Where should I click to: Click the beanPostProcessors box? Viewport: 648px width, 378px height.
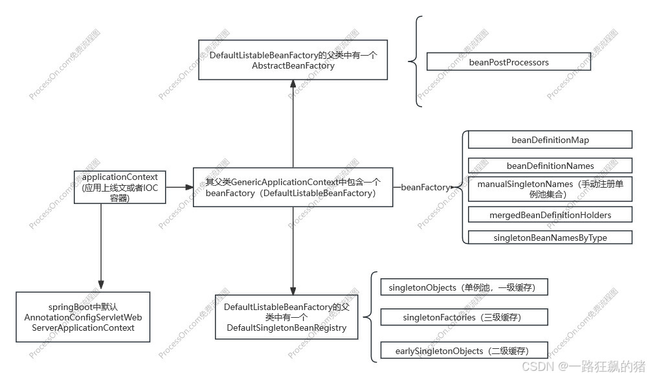pyautogui.click(x=509, y=63)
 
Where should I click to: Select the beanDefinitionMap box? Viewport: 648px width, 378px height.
pyautogui.click(x=550, y=140)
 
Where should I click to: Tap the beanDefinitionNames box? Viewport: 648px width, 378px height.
pyautogui.click(x=550, y=166)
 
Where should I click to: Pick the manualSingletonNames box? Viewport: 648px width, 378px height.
pyautogui.click(x=550, y=189)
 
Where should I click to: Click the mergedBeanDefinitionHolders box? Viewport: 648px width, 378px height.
pyautogui.click(x=550, y=214)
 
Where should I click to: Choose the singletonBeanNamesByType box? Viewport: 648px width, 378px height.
pyautogui.click(x=550, y=238)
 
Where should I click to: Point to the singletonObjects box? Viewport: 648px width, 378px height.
pyautogui.click(x=464, y=287)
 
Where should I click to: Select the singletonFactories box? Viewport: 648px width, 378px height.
pyautogui.click(x=464, y=317)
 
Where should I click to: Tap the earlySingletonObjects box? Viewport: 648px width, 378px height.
pyautogui.click(x=464, y=351)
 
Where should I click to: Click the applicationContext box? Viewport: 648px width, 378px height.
pyautogui.click(x=120, y=187)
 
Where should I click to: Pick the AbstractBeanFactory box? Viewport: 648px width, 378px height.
pyautogui.click(x=293, y=60)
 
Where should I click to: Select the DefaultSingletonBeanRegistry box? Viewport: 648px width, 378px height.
pyautogui.click(x=286, y=317)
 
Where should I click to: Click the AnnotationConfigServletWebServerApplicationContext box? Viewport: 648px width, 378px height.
pyautogui.click(x=83, y=317)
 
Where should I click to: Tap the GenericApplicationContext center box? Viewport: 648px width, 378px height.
pyautogui.click(x=293, y=187)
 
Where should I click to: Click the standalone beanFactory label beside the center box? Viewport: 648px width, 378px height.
pyautogui.click(x=425, y=187)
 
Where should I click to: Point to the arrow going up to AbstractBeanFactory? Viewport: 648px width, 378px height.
pyautogui.click(x=293, y=123)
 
